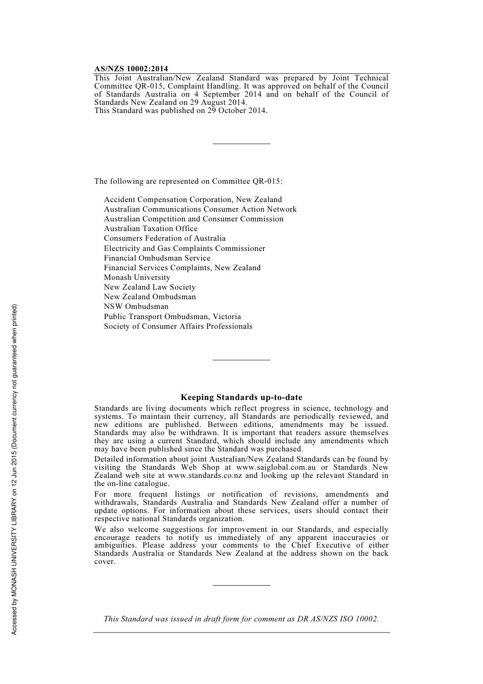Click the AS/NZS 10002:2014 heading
tap(131, 69)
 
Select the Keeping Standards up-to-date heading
tap(241, 397)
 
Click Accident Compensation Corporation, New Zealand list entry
tap(193, 199)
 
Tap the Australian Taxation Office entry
tap(150, 229)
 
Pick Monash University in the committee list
tap(137, 277)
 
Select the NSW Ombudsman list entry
tap(136, 306)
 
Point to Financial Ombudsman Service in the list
tap(157, 258)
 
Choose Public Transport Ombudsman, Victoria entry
tap(172, 317)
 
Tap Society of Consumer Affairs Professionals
tap(178, 326)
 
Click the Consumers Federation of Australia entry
tap(165, 238)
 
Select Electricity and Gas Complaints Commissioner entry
tap(185, 248)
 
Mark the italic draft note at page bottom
tap(241, 619)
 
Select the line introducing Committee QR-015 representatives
tap(188, 181)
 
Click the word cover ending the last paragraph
tap(104, 562)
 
